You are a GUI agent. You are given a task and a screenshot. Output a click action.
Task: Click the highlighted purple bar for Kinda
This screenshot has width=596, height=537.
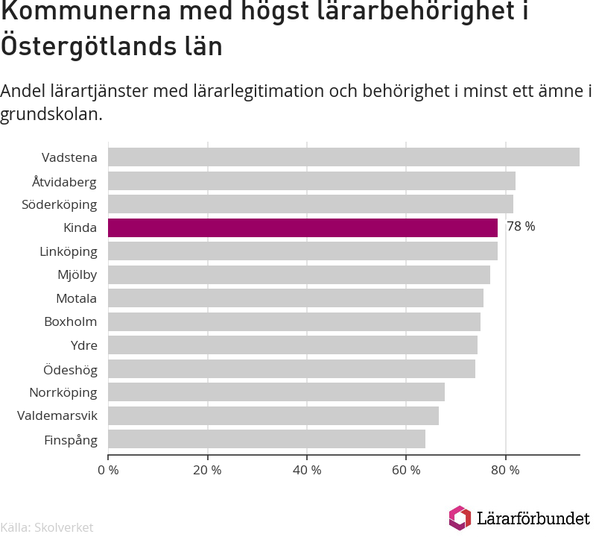pos(302,227)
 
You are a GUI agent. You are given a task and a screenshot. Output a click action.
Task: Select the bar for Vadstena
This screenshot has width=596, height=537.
pos(343,157)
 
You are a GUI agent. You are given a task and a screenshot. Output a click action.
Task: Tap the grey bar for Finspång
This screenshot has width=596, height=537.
pos(267,439)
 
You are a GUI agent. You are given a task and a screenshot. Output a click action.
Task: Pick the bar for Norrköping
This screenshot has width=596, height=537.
pos(276,392)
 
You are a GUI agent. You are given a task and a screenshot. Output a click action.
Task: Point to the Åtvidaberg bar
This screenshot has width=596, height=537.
pos(311,180)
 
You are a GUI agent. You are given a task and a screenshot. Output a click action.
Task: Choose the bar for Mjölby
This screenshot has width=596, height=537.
pos(299,274)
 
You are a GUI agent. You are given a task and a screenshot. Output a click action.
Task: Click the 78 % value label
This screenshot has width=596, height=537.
pos(521,227)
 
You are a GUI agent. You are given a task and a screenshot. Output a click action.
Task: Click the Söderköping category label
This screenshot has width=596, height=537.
pos(60,205)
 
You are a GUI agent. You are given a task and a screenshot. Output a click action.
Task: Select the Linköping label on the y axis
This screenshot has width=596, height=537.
pos(69,252)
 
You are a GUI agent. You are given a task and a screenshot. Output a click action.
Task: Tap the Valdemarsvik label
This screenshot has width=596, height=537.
pos(57,415)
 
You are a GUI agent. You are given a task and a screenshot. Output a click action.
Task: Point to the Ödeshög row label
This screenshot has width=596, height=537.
pos(70,369)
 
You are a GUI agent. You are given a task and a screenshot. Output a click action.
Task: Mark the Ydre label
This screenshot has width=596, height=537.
pos(84,345)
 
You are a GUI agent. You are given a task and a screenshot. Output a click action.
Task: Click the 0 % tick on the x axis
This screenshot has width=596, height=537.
pos(108,470)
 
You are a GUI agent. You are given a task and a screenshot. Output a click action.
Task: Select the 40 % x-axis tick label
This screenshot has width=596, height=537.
pos(307,470)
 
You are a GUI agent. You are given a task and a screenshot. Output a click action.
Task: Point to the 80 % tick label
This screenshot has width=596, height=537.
pos(505,470)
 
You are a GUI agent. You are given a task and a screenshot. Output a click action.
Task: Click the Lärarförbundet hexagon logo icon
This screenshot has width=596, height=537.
pos(460,518)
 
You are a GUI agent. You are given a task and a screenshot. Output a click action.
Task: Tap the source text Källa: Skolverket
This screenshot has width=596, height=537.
pos(47,527)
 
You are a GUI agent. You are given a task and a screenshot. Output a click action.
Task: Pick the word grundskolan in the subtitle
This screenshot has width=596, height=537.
pos(51,114)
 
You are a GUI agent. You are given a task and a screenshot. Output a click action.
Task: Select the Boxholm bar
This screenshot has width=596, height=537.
pos(294,321)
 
